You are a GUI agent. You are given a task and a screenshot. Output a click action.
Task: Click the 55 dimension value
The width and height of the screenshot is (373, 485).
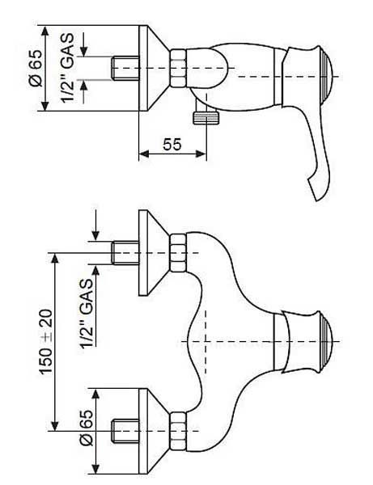tap(172, 144)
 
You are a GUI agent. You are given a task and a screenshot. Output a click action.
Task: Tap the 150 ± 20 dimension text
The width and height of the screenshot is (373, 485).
tap(46, 342)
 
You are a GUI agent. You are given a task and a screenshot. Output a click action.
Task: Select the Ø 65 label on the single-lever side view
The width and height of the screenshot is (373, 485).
tap(36, 68)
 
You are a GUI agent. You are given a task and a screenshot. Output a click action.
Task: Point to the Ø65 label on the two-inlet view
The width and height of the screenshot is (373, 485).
tap(86, 427)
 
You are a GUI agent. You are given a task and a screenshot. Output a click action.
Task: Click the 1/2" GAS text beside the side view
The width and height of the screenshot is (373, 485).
tap(67, 68)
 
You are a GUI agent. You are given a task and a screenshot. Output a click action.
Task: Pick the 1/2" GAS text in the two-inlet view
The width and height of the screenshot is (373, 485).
tap(86, 314)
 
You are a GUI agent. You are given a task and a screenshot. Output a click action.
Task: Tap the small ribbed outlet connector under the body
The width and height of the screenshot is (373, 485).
tap(206, 118)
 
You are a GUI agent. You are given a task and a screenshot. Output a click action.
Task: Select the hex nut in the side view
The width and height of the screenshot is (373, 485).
tap(179, 68)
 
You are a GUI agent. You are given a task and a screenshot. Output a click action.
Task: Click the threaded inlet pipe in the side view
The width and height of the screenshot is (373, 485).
tap(125, 68)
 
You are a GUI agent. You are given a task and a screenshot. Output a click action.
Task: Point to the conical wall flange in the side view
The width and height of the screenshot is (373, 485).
tap(154, 68)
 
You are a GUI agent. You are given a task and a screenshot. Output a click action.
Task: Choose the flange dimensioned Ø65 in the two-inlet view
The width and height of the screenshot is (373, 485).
tap(154, 431)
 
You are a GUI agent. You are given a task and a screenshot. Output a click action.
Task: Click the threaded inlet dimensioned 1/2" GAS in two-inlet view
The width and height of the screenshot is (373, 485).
tap(125, 253)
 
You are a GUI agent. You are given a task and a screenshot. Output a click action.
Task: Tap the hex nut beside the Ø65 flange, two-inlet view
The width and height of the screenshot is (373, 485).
tap(179, 431)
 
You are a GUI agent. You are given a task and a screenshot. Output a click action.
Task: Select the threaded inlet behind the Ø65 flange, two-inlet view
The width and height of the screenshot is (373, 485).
tap(125, 431)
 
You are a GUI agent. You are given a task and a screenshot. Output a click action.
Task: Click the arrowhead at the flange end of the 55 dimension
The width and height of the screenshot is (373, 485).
tap(144, 154)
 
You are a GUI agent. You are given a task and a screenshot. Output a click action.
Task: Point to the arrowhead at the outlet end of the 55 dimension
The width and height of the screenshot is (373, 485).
tap(201, 154)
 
